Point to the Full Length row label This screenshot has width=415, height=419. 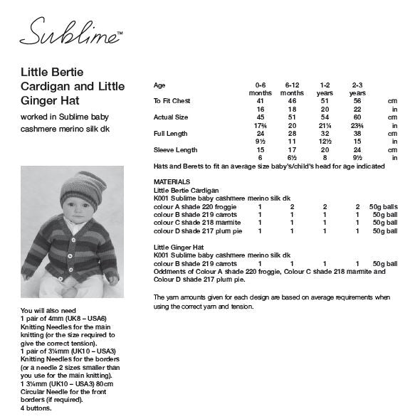pyautogui.click(x=170, y=133)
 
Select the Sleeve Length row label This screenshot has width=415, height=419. pyautogui.click(x=173, y=149)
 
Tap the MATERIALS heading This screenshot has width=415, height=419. pyautogui.click(x=172, y=181)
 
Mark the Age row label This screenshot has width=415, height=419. pyautogui.click(x=159, y=85)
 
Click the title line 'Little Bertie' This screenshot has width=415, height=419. pyautogui.click(x=51, y=71)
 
